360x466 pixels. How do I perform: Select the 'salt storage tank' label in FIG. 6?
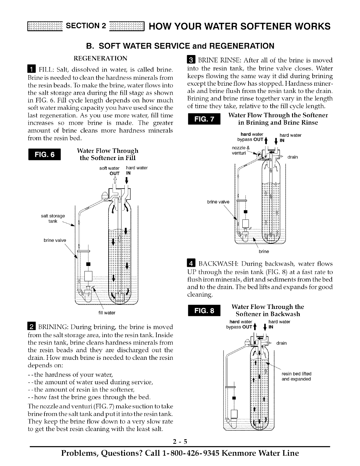53,219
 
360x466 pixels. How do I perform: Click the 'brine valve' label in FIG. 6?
55,240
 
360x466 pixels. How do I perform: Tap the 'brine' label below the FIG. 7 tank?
264,252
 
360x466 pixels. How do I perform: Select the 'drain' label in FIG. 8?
281,343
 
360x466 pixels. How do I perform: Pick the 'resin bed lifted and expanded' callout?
296,376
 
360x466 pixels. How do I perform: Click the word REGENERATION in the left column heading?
100,58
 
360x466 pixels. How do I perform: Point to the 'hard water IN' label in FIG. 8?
278,324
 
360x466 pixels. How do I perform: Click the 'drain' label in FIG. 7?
293,157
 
